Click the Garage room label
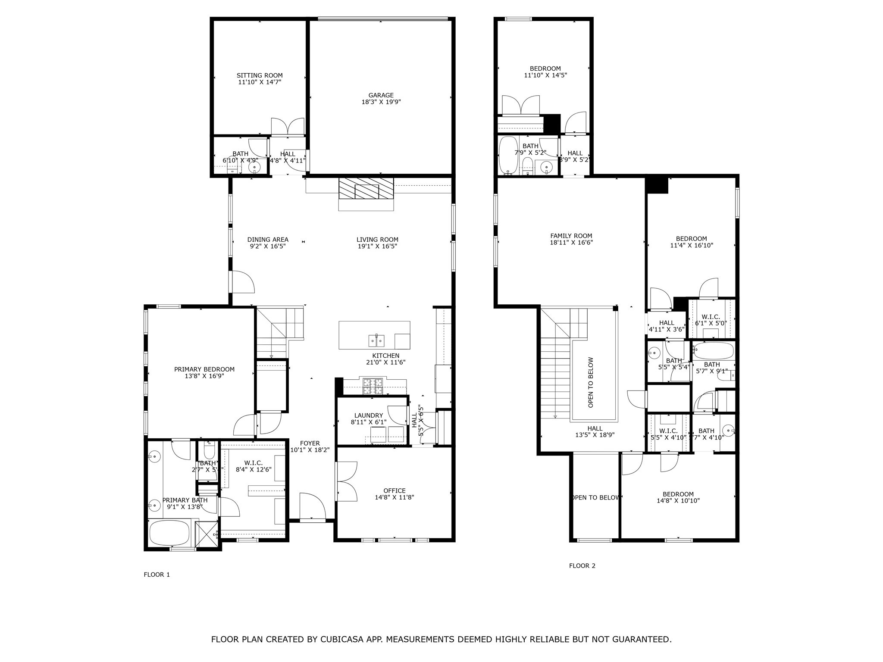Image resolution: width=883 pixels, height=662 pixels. (x=381, y=96)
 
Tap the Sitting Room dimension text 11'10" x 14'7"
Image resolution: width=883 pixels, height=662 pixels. (x=260, y=82)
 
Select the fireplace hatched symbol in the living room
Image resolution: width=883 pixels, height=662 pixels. (x=366, y=189)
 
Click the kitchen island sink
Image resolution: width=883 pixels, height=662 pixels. (x=376, y=341)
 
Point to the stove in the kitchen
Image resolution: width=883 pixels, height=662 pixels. (x=373, y=387)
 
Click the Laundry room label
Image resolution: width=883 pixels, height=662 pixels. (x=368, y=415)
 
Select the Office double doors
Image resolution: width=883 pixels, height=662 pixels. (x=347, y=481)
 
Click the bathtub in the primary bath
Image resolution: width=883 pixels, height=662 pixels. (x=169, y=534)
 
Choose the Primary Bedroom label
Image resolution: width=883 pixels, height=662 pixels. (x=204, y=369)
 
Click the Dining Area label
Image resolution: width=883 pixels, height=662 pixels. (x=268, y=240)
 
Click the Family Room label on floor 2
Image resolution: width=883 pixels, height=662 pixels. (x=571, y=236)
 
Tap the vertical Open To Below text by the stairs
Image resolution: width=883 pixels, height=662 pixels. (x=591, y=382)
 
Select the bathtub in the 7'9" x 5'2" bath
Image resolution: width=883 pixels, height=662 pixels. (x=509, y=155)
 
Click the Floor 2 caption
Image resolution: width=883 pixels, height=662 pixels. (x=582, y=566)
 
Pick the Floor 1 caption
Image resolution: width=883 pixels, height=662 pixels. (x=157, y=575)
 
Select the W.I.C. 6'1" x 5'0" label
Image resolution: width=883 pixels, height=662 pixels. (x=711, y=317)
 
